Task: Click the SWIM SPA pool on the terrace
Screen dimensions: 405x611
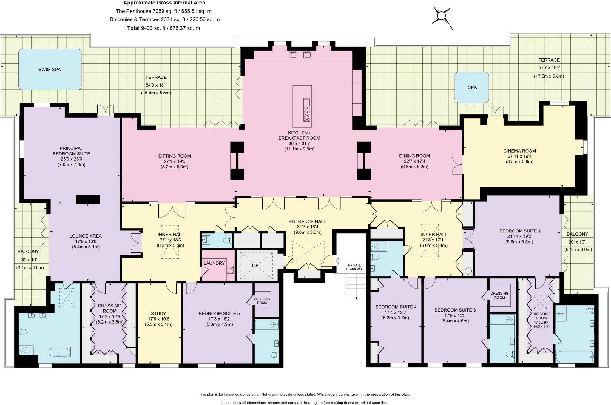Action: [50, 69]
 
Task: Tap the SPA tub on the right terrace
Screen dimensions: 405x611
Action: [471, 87]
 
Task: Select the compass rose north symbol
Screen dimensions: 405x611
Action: [441, 16]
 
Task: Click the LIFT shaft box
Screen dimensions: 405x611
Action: [256, 265]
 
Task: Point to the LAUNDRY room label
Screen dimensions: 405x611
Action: [214, 263]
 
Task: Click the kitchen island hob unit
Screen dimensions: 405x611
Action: [307, 110]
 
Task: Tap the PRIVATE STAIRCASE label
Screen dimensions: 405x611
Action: [354, 267]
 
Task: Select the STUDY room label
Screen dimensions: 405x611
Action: [158, 313]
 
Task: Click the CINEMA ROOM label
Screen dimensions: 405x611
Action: [519, 151]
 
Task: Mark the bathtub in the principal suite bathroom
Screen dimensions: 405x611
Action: [59, 352]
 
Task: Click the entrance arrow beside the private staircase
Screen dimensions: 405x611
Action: [339, 261]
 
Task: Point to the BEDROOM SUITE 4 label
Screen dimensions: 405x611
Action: [396, 307]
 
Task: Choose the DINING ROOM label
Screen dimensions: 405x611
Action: [414, 156]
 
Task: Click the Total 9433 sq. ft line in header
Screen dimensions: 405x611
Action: [163, 28]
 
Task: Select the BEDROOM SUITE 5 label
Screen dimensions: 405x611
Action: [219, 313]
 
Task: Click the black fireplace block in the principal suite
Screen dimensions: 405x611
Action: [88, 199]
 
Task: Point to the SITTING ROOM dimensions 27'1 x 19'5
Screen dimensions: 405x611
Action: [175, 161]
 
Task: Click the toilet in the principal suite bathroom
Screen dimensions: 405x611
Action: [23, 332]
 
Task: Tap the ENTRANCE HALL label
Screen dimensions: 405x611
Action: [307, 221]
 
